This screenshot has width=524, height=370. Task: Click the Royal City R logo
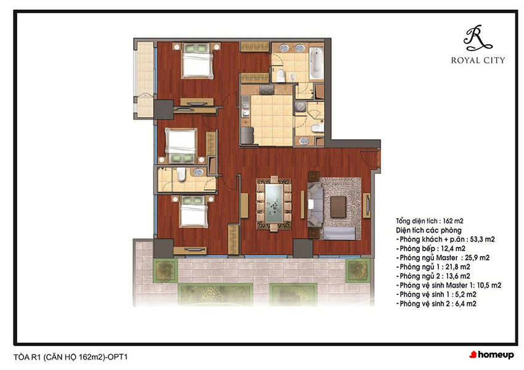(477, 38)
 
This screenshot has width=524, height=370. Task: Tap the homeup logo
(491, 355)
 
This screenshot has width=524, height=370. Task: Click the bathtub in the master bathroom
(316, 63)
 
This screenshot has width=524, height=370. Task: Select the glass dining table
(274, 204)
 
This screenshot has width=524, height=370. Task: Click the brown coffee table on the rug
(338, 206)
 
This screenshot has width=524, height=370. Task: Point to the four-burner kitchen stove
(267, 89)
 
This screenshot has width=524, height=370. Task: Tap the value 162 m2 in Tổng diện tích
(453, 221)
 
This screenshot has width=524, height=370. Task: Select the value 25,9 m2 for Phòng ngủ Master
(477, 257)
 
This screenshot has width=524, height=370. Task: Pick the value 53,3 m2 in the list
(482, 239)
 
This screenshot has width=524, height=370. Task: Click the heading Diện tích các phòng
(428, 230)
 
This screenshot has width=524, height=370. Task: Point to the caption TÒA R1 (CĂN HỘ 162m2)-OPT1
(70, 357)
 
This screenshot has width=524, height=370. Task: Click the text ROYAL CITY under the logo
(478, 60)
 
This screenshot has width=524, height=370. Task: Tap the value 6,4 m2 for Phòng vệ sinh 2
(466, 304)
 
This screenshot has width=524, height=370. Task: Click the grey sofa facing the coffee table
(314, 204)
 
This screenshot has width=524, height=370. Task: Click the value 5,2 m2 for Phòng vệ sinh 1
(466, 294)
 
